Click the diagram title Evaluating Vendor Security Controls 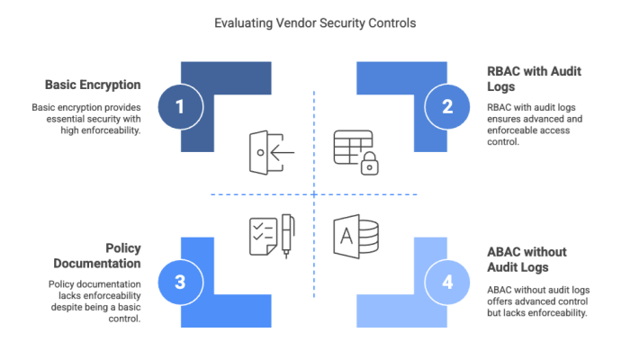[x=314, y=23]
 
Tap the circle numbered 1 [x=179, y=108]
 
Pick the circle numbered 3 [x=179, y=282]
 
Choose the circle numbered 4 [x=447, y=282]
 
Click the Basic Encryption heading [x=94, y=85]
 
